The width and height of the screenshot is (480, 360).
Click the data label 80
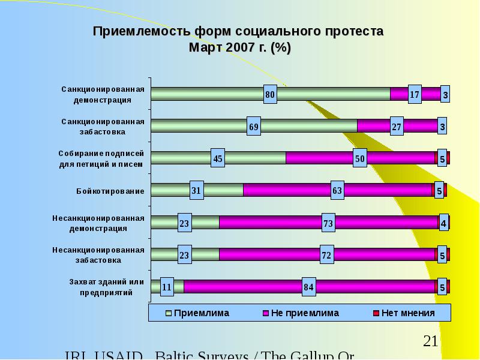[x=270, y=95]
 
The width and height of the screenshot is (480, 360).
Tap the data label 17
[x=415, y=95]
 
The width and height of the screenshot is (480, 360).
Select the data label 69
[x=254, y=127]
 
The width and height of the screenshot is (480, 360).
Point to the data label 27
[x=397, y=127]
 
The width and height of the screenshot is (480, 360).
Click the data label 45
[x=218, y=159]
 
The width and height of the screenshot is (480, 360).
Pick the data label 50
[x=360, y=159]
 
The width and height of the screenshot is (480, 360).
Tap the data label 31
[x=196, y=191]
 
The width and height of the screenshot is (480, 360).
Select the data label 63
[x=337, y=191]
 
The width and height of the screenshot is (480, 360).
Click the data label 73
[x=328, y=223]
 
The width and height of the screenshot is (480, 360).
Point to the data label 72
[x=326, y=255]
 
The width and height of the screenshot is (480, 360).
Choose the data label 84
[x=309, y=287]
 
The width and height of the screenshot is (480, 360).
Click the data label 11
[x=167, y=287]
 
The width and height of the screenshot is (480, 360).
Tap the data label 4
[x=444, y=223]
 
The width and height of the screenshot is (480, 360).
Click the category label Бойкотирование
[x=110, y=191]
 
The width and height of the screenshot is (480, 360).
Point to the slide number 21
[x=430, y=342]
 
